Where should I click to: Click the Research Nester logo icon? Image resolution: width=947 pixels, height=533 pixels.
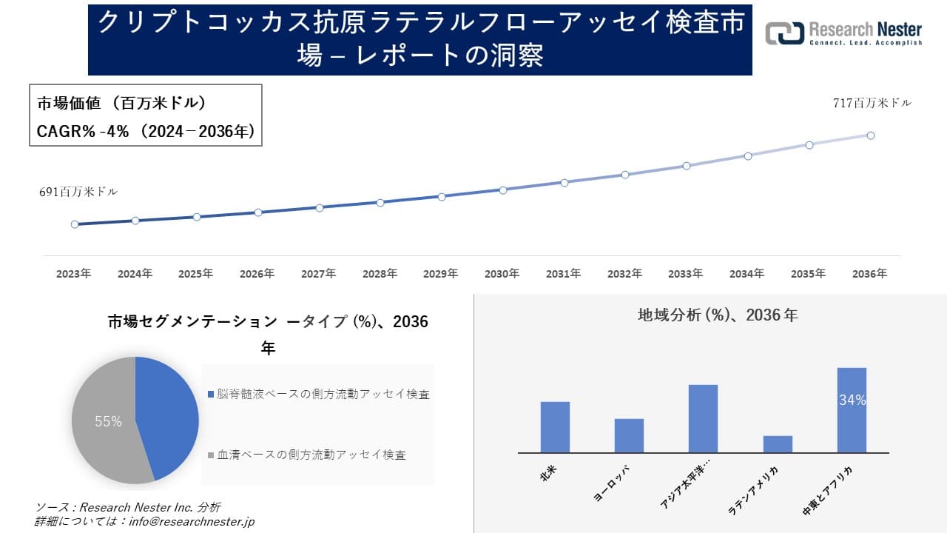[x=784, y=33]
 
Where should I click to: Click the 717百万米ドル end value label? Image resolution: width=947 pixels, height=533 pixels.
[x=872, y=104]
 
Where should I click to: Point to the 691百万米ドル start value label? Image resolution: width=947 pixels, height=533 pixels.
[x=78, y=192]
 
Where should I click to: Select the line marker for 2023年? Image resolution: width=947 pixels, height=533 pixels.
[x=75, y=224]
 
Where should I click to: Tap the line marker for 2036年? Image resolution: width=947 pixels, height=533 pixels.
[x=871, y=135]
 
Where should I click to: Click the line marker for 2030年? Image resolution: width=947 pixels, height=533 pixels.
[x=503, y=190]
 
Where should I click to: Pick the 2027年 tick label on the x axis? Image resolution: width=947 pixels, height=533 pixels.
[x=319, y=274]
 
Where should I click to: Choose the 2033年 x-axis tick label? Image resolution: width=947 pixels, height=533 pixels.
[x=686, y=274]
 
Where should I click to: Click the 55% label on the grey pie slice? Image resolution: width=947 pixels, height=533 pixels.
[x=108, y=421]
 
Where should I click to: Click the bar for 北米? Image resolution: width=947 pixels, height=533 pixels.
[x=555, y=427]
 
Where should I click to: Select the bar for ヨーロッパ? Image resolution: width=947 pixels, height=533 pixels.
[x=629, y=435]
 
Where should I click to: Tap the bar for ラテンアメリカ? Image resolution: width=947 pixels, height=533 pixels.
[x=778, y=444]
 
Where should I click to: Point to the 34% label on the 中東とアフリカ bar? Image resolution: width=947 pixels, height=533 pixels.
[x=852, y=400]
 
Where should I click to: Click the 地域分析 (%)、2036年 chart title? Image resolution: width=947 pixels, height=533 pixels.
[x=718, y=315]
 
